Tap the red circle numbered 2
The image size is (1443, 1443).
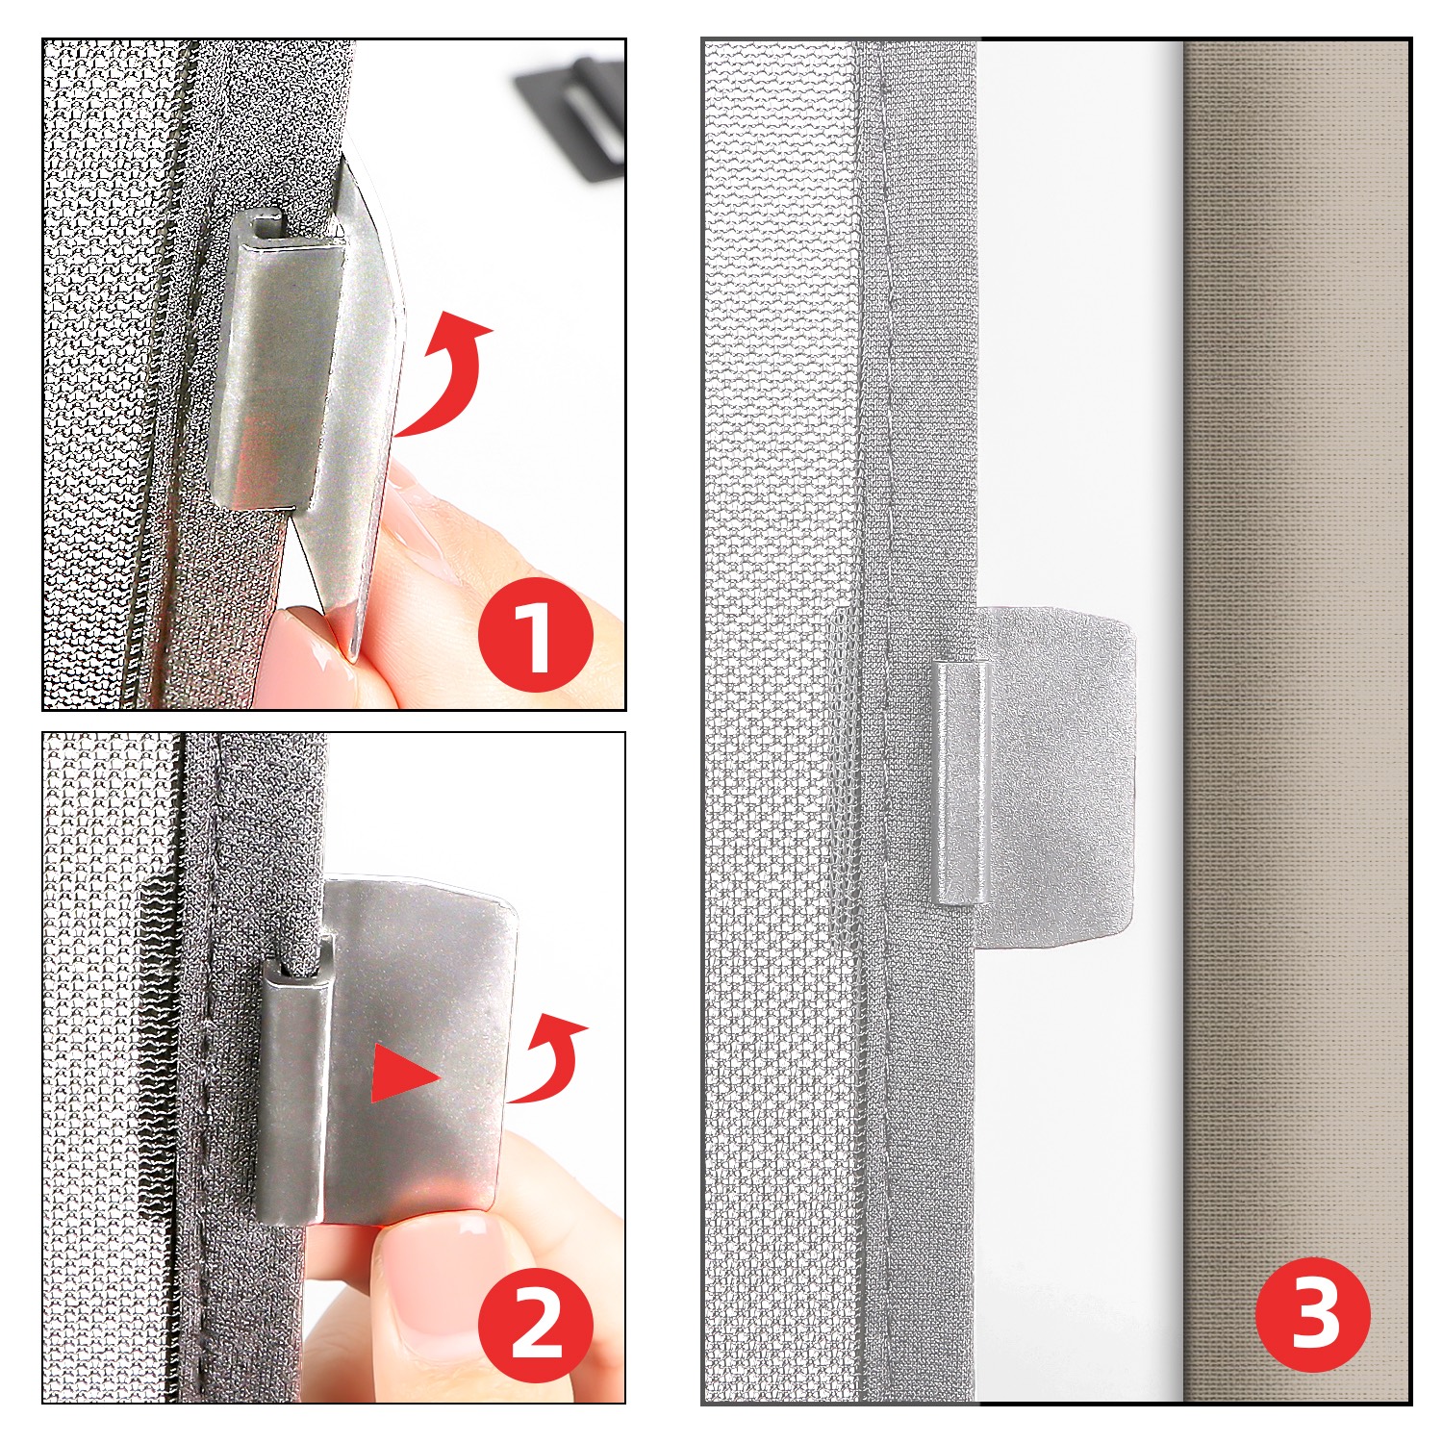click(x=535, y=1327)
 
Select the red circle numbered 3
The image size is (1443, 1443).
click(x=1313, y=1313)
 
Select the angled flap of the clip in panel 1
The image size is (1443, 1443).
click(x=361, y=404)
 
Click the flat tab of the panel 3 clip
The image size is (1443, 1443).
click(x=1056, y=775)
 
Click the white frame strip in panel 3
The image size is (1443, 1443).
click(x=1079, y=721)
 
